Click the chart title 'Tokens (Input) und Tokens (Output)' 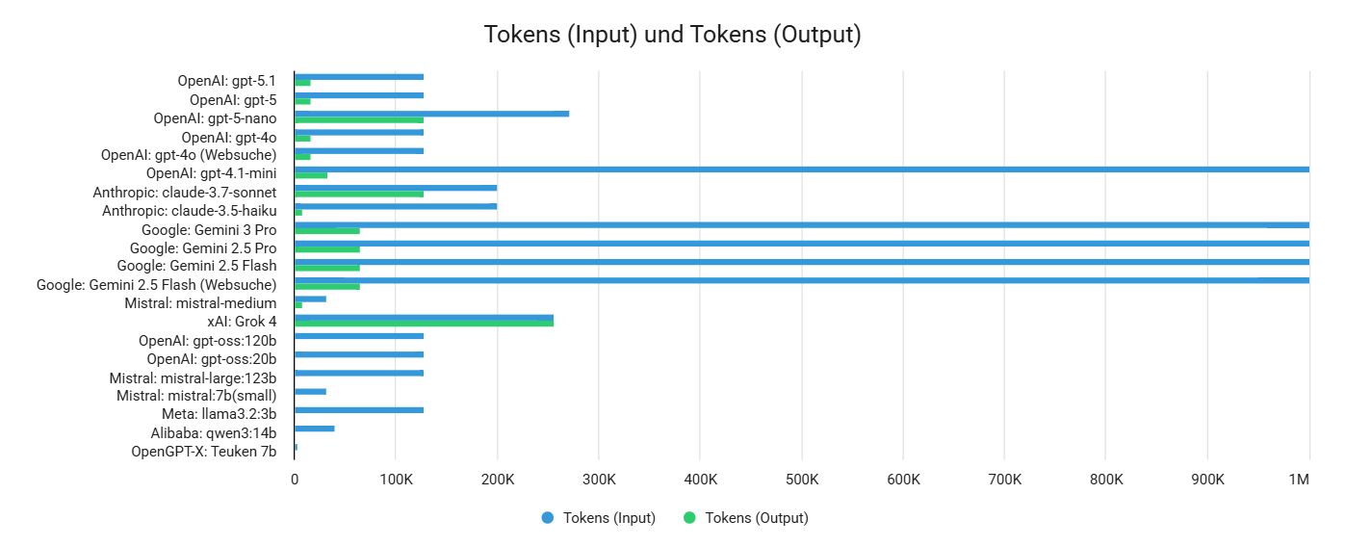coord(672,36)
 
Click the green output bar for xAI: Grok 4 coord(424,324)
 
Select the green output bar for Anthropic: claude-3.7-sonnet coord(359,194)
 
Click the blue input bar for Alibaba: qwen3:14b coord(315,429)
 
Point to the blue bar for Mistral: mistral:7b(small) coord(310,391)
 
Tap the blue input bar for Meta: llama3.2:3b coord(359,410)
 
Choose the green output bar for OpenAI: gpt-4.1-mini coord(311,175)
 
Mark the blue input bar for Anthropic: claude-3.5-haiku coord(396,206)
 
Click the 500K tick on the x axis coord(801,480)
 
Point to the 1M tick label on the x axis coord(1299,480)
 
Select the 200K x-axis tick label coord(497,480)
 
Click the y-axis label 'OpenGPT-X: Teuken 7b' coord(203,452)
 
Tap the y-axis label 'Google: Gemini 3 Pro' coord(209,230)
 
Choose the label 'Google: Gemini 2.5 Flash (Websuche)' coord(156,285)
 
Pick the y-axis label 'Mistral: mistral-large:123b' coord(193,377)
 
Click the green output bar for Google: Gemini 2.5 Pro coord(327,249)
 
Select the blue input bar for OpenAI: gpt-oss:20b coord(359,354)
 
